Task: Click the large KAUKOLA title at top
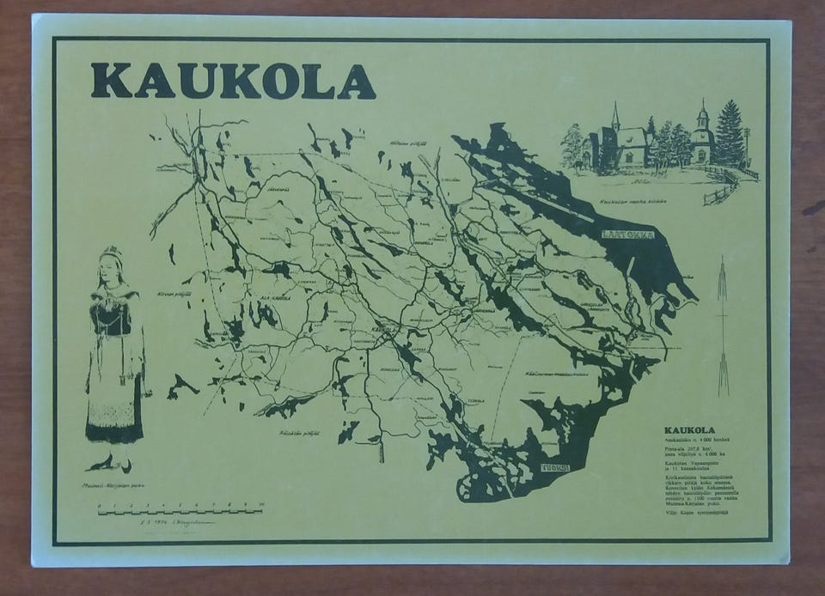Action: coord(233,82)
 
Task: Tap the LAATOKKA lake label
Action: coord(627,232)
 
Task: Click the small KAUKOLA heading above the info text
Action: coord(690,430)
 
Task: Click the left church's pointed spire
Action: coord(615,115)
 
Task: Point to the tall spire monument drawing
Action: coord(722,326)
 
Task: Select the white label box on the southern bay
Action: coord(555,468)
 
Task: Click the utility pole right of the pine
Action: coord(747,146)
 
